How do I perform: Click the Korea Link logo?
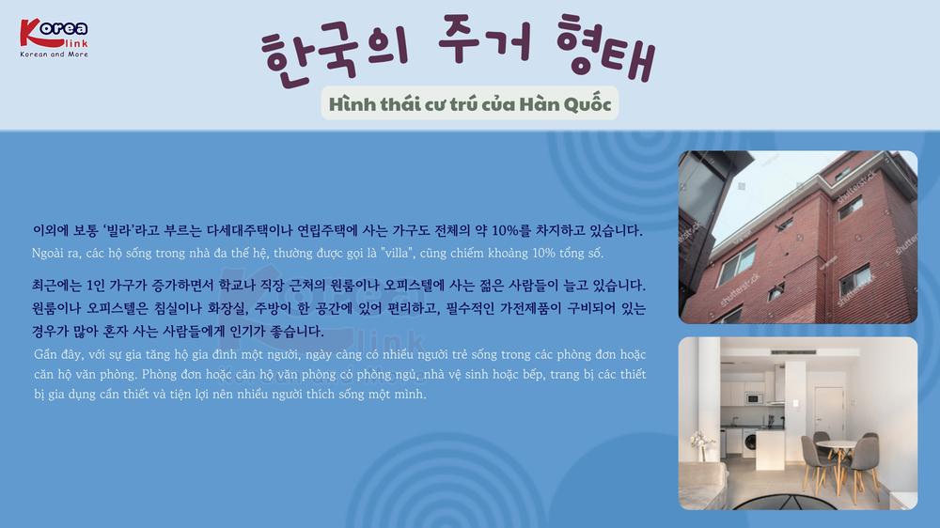[54, 38]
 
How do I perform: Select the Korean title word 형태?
[605, 47]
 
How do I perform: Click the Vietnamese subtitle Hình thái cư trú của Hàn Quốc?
[470, 103]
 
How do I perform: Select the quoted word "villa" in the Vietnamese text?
[397, 253]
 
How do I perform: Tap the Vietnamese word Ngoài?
[47, 254]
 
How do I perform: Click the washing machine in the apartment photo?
[749, 443]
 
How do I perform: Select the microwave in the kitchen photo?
[754, 398]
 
